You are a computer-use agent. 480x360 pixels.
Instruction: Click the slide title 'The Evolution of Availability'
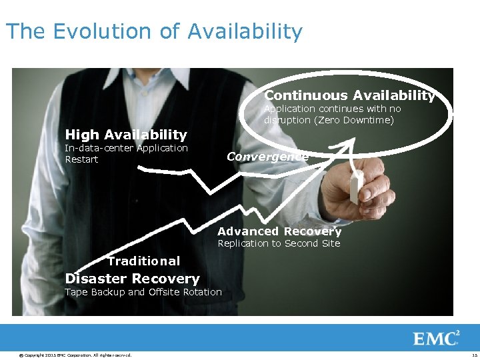154,31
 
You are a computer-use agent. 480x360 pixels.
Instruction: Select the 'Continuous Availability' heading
349,96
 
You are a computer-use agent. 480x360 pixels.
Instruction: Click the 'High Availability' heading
126,135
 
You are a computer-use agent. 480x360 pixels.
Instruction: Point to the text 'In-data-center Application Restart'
126,153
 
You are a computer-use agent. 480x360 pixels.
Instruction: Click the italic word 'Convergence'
267,157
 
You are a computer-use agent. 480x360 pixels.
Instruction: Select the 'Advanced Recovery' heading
279,231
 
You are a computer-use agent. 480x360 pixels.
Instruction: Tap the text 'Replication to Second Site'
279,243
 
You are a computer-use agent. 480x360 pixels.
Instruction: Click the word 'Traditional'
144,261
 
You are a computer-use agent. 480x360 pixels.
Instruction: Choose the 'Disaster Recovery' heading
132,279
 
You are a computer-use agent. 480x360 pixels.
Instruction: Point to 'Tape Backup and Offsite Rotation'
143,292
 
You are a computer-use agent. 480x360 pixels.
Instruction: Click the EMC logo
437,338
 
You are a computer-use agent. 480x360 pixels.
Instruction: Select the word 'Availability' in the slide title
245,31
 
